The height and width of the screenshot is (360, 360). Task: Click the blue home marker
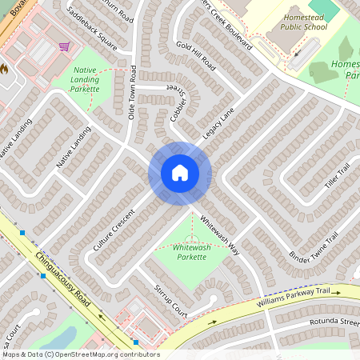coord(180,173)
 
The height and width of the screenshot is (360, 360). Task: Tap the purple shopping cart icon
coord(63,46)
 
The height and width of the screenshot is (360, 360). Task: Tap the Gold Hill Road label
coord(195,53)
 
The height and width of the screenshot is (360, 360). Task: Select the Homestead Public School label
coord(304,22)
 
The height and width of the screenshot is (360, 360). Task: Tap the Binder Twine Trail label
coord(315,247)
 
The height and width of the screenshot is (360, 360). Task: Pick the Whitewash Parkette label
coord(190,253)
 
